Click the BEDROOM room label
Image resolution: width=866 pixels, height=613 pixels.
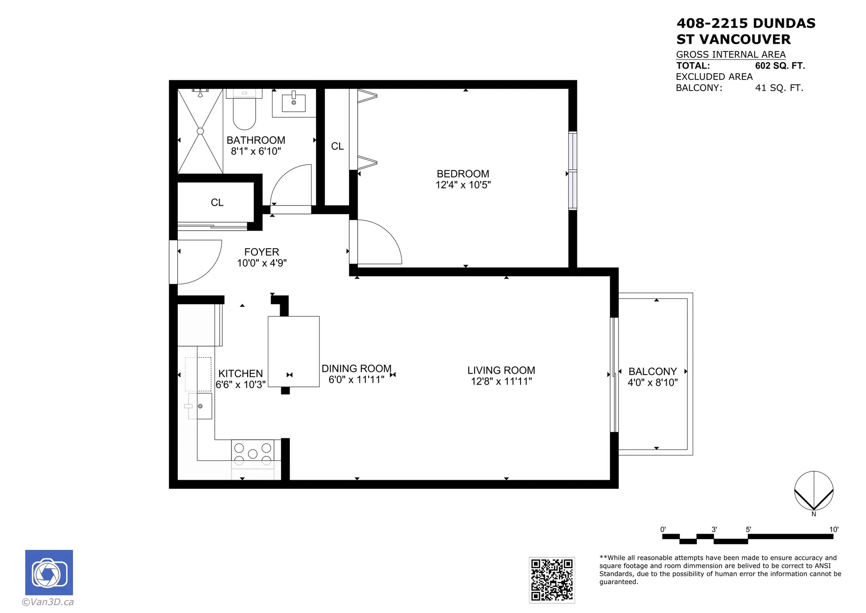[x=463, y=174]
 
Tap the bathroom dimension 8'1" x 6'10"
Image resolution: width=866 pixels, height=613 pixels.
[x=256, y=152]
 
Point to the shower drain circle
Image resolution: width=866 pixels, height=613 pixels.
[x=200, y=131]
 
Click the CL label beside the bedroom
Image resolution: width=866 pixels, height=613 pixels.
[x=337, y=146]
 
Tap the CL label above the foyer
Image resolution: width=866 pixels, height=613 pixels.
[x=217, y=203]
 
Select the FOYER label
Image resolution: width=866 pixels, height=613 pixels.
[x=262, y=252]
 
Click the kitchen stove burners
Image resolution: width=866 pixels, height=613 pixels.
[x=253, y=453]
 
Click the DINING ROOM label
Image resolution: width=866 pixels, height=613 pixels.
[x=356, y=369]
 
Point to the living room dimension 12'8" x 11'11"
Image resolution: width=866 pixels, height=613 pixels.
[x=501, y=381]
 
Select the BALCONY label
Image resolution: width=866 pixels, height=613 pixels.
[x=652, y=372]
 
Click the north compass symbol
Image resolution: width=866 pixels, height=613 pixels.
[x=814, y=491]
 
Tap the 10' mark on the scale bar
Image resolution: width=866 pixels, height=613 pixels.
[x=833, y=530]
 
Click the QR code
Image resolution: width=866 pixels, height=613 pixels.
[x=552, y=580]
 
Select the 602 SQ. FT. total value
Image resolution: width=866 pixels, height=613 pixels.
[x=780, y=66]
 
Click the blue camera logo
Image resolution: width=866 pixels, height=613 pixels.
[x=49, y=572]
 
